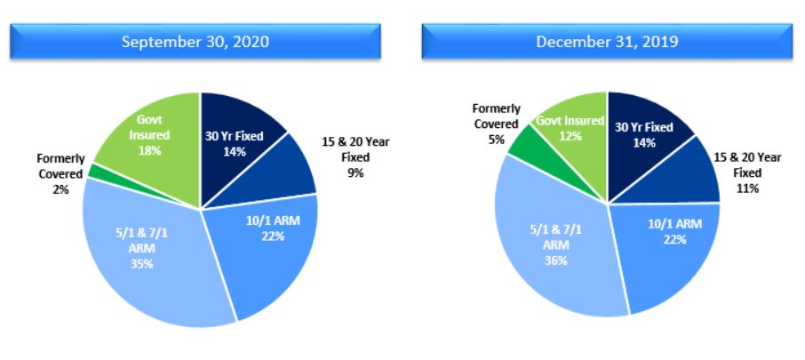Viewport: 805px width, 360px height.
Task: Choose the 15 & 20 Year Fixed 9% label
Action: [356, 156]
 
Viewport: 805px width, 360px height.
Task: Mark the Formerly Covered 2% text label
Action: [60, 173]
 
